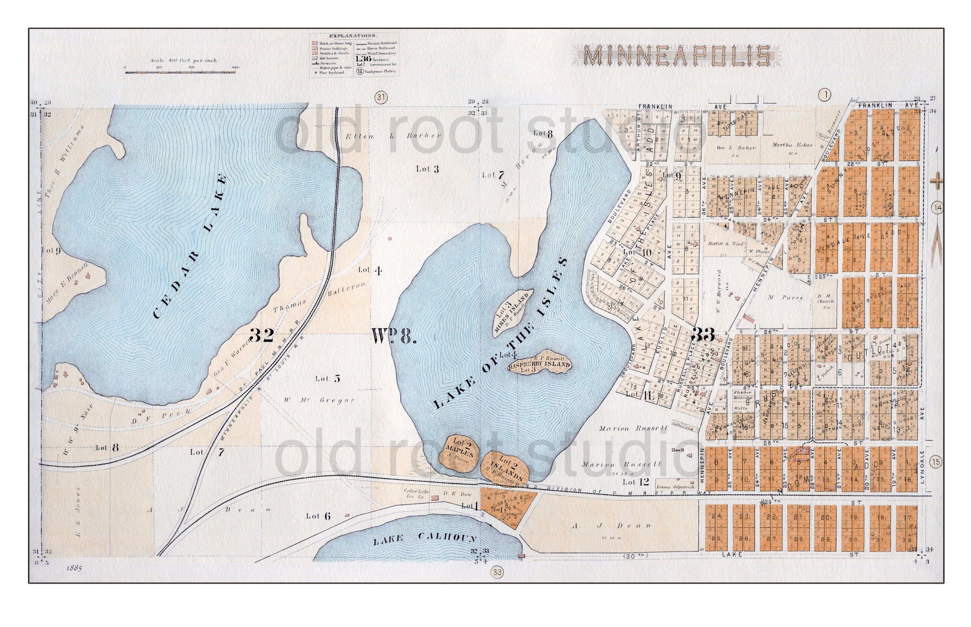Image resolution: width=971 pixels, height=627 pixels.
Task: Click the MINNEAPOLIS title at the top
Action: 677,55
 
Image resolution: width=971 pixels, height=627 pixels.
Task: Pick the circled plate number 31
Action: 381,97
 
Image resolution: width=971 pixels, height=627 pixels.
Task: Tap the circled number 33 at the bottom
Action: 497,572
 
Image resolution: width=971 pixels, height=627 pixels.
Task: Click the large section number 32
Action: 261,335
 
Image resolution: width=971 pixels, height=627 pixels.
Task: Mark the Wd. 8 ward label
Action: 394,336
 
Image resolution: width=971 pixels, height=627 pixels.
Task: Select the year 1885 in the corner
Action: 74,568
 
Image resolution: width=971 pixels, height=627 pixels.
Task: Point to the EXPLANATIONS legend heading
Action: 353,36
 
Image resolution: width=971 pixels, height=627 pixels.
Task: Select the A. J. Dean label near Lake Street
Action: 611,526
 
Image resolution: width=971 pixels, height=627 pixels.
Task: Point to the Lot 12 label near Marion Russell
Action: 635,482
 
